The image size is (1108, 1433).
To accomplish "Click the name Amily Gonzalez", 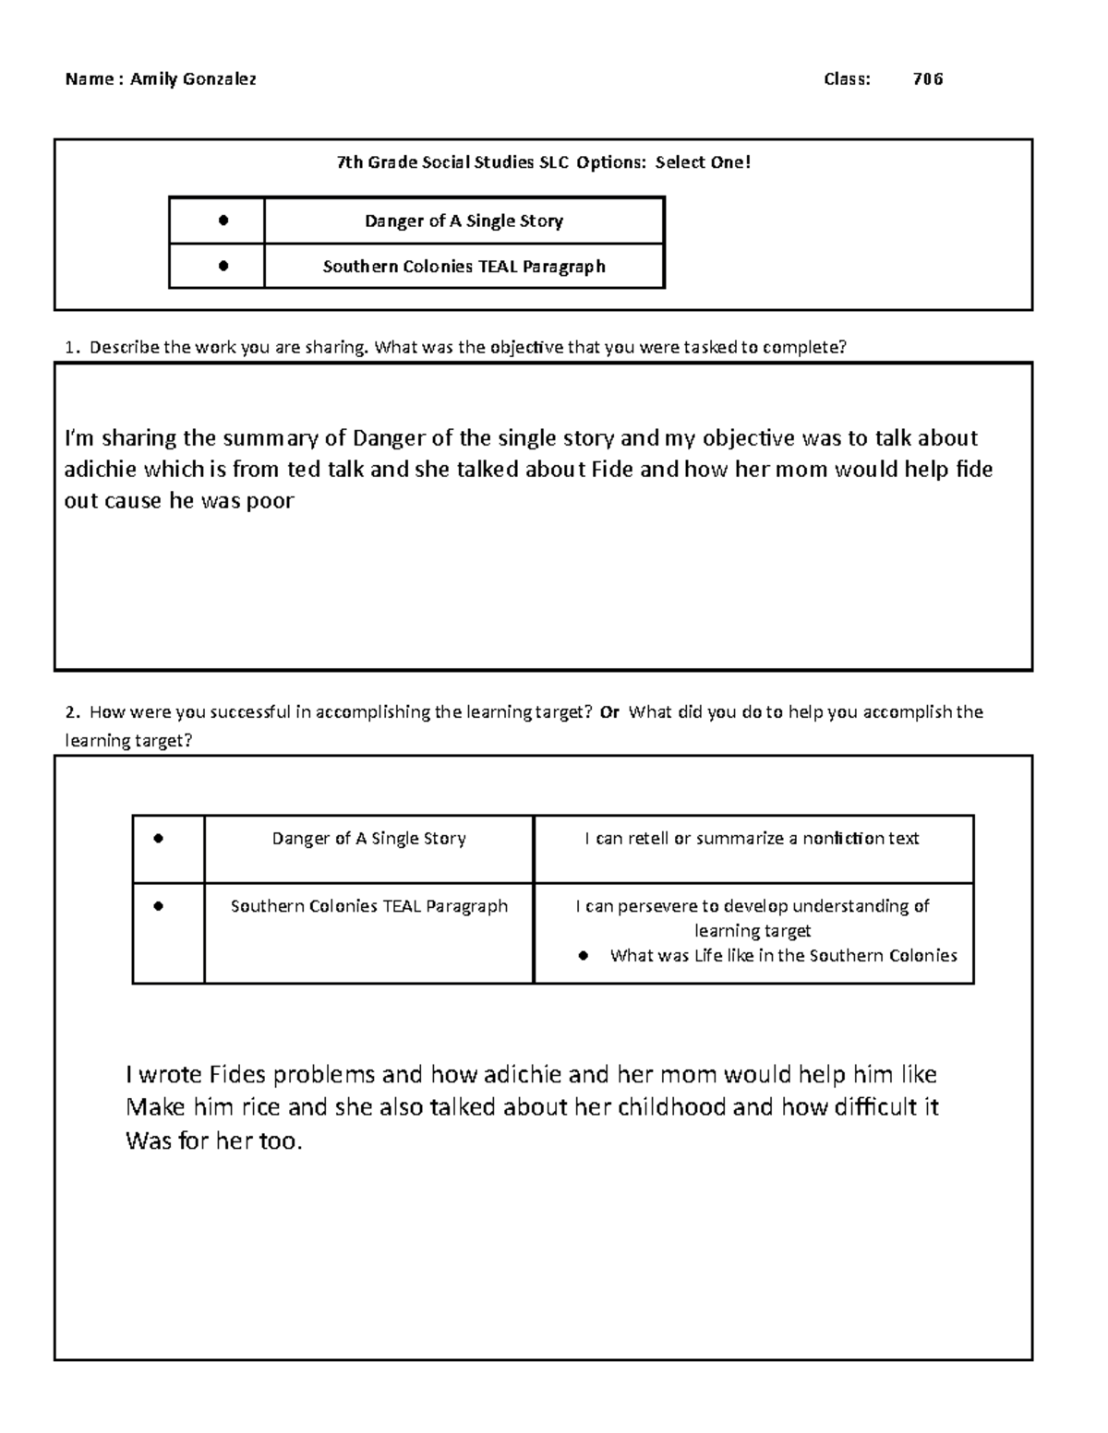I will [x=193, y=79].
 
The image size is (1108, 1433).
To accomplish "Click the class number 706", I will [x=927, y=79].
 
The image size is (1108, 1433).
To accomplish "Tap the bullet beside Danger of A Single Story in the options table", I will [x=223, y=221].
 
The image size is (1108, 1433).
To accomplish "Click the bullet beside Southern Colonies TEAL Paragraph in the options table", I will [x=223, y=267].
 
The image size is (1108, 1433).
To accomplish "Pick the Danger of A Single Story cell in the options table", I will [x=464, y=221].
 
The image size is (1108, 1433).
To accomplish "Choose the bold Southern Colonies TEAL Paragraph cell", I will [x=464, y=267].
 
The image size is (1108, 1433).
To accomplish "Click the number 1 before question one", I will [x=69, y=348].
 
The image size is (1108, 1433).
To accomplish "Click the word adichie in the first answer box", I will [x=101, y=470].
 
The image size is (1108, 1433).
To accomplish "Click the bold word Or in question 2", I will [x=609, y=712].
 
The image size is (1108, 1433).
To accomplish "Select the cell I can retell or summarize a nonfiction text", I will [x=752, y=839].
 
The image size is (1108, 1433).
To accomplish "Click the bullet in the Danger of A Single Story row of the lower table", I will [x=159, y=839].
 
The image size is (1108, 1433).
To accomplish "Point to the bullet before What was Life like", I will [x=583, y=956].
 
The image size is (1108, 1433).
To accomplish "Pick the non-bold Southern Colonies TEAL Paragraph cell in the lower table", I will [x=368, y=906].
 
